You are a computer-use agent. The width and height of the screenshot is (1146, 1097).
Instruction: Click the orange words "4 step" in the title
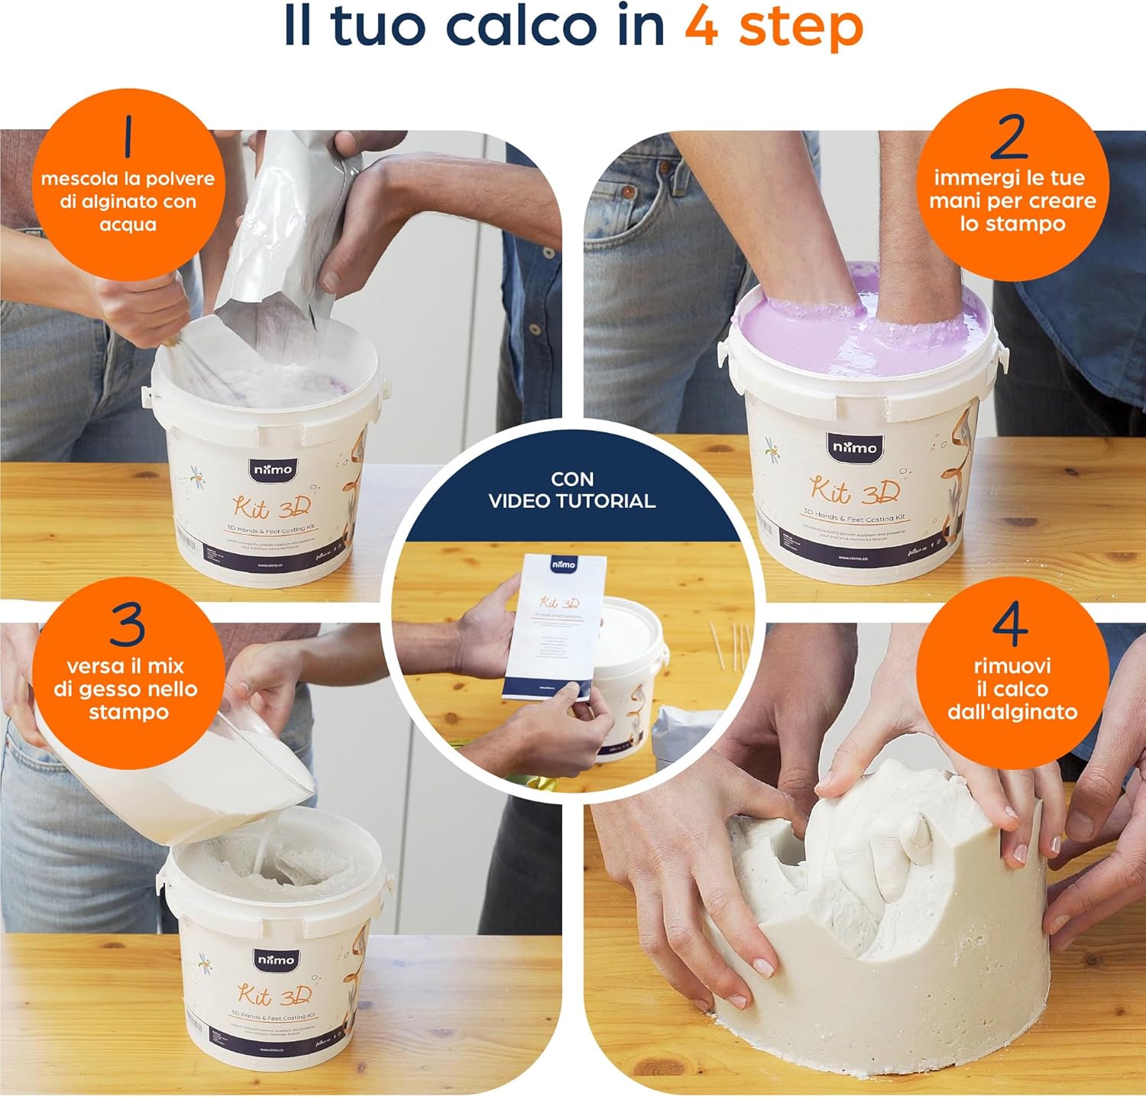coord(773,28)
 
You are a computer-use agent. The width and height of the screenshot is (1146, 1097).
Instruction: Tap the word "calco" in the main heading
coord(519,27)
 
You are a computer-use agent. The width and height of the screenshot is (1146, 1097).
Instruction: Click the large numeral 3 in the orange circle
coord(127,624)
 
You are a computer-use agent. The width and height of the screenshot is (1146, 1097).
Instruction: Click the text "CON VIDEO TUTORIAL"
coord(571,490)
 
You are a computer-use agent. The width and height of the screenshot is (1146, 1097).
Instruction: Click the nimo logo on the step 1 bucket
coord(273,468)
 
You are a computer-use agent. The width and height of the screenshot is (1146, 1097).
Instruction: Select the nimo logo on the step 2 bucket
coord(855,447)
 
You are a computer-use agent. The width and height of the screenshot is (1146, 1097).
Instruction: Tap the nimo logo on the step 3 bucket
coord(275,959)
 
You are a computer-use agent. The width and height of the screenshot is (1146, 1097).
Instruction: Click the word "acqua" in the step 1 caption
coord(128,225)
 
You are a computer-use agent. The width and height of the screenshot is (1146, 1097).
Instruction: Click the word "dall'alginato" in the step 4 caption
coord(1012,712)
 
